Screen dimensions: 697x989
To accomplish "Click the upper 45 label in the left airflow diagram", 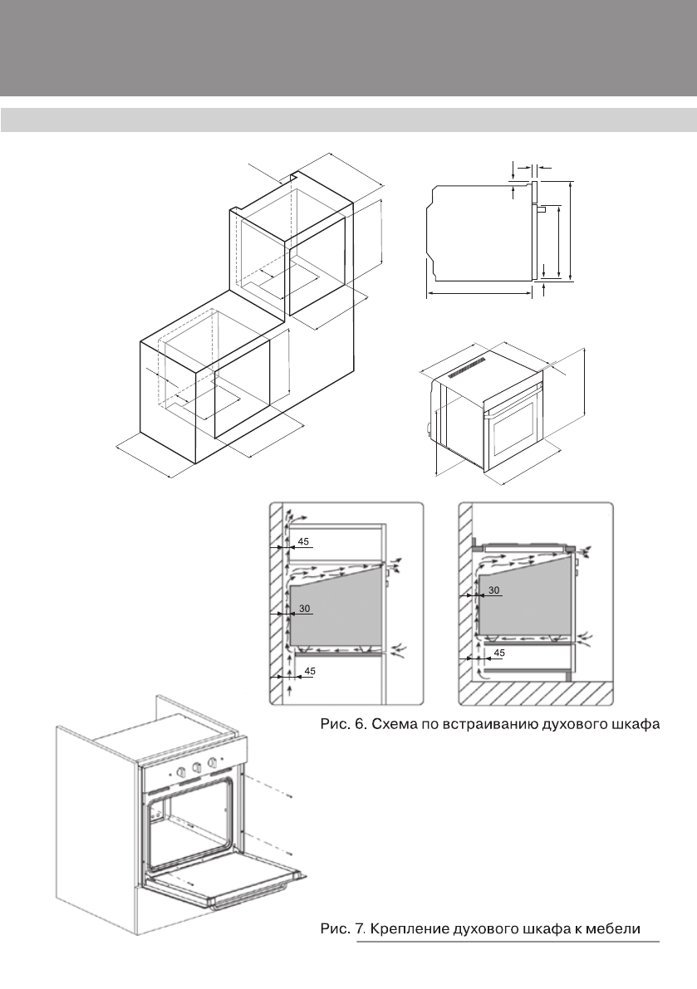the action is (304, 541).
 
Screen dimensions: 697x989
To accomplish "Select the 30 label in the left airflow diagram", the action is (304, 609).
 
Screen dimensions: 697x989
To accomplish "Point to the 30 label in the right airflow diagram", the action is (494, 590).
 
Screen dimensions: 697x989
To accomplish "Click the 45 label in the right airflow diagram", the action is (499, 653).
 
